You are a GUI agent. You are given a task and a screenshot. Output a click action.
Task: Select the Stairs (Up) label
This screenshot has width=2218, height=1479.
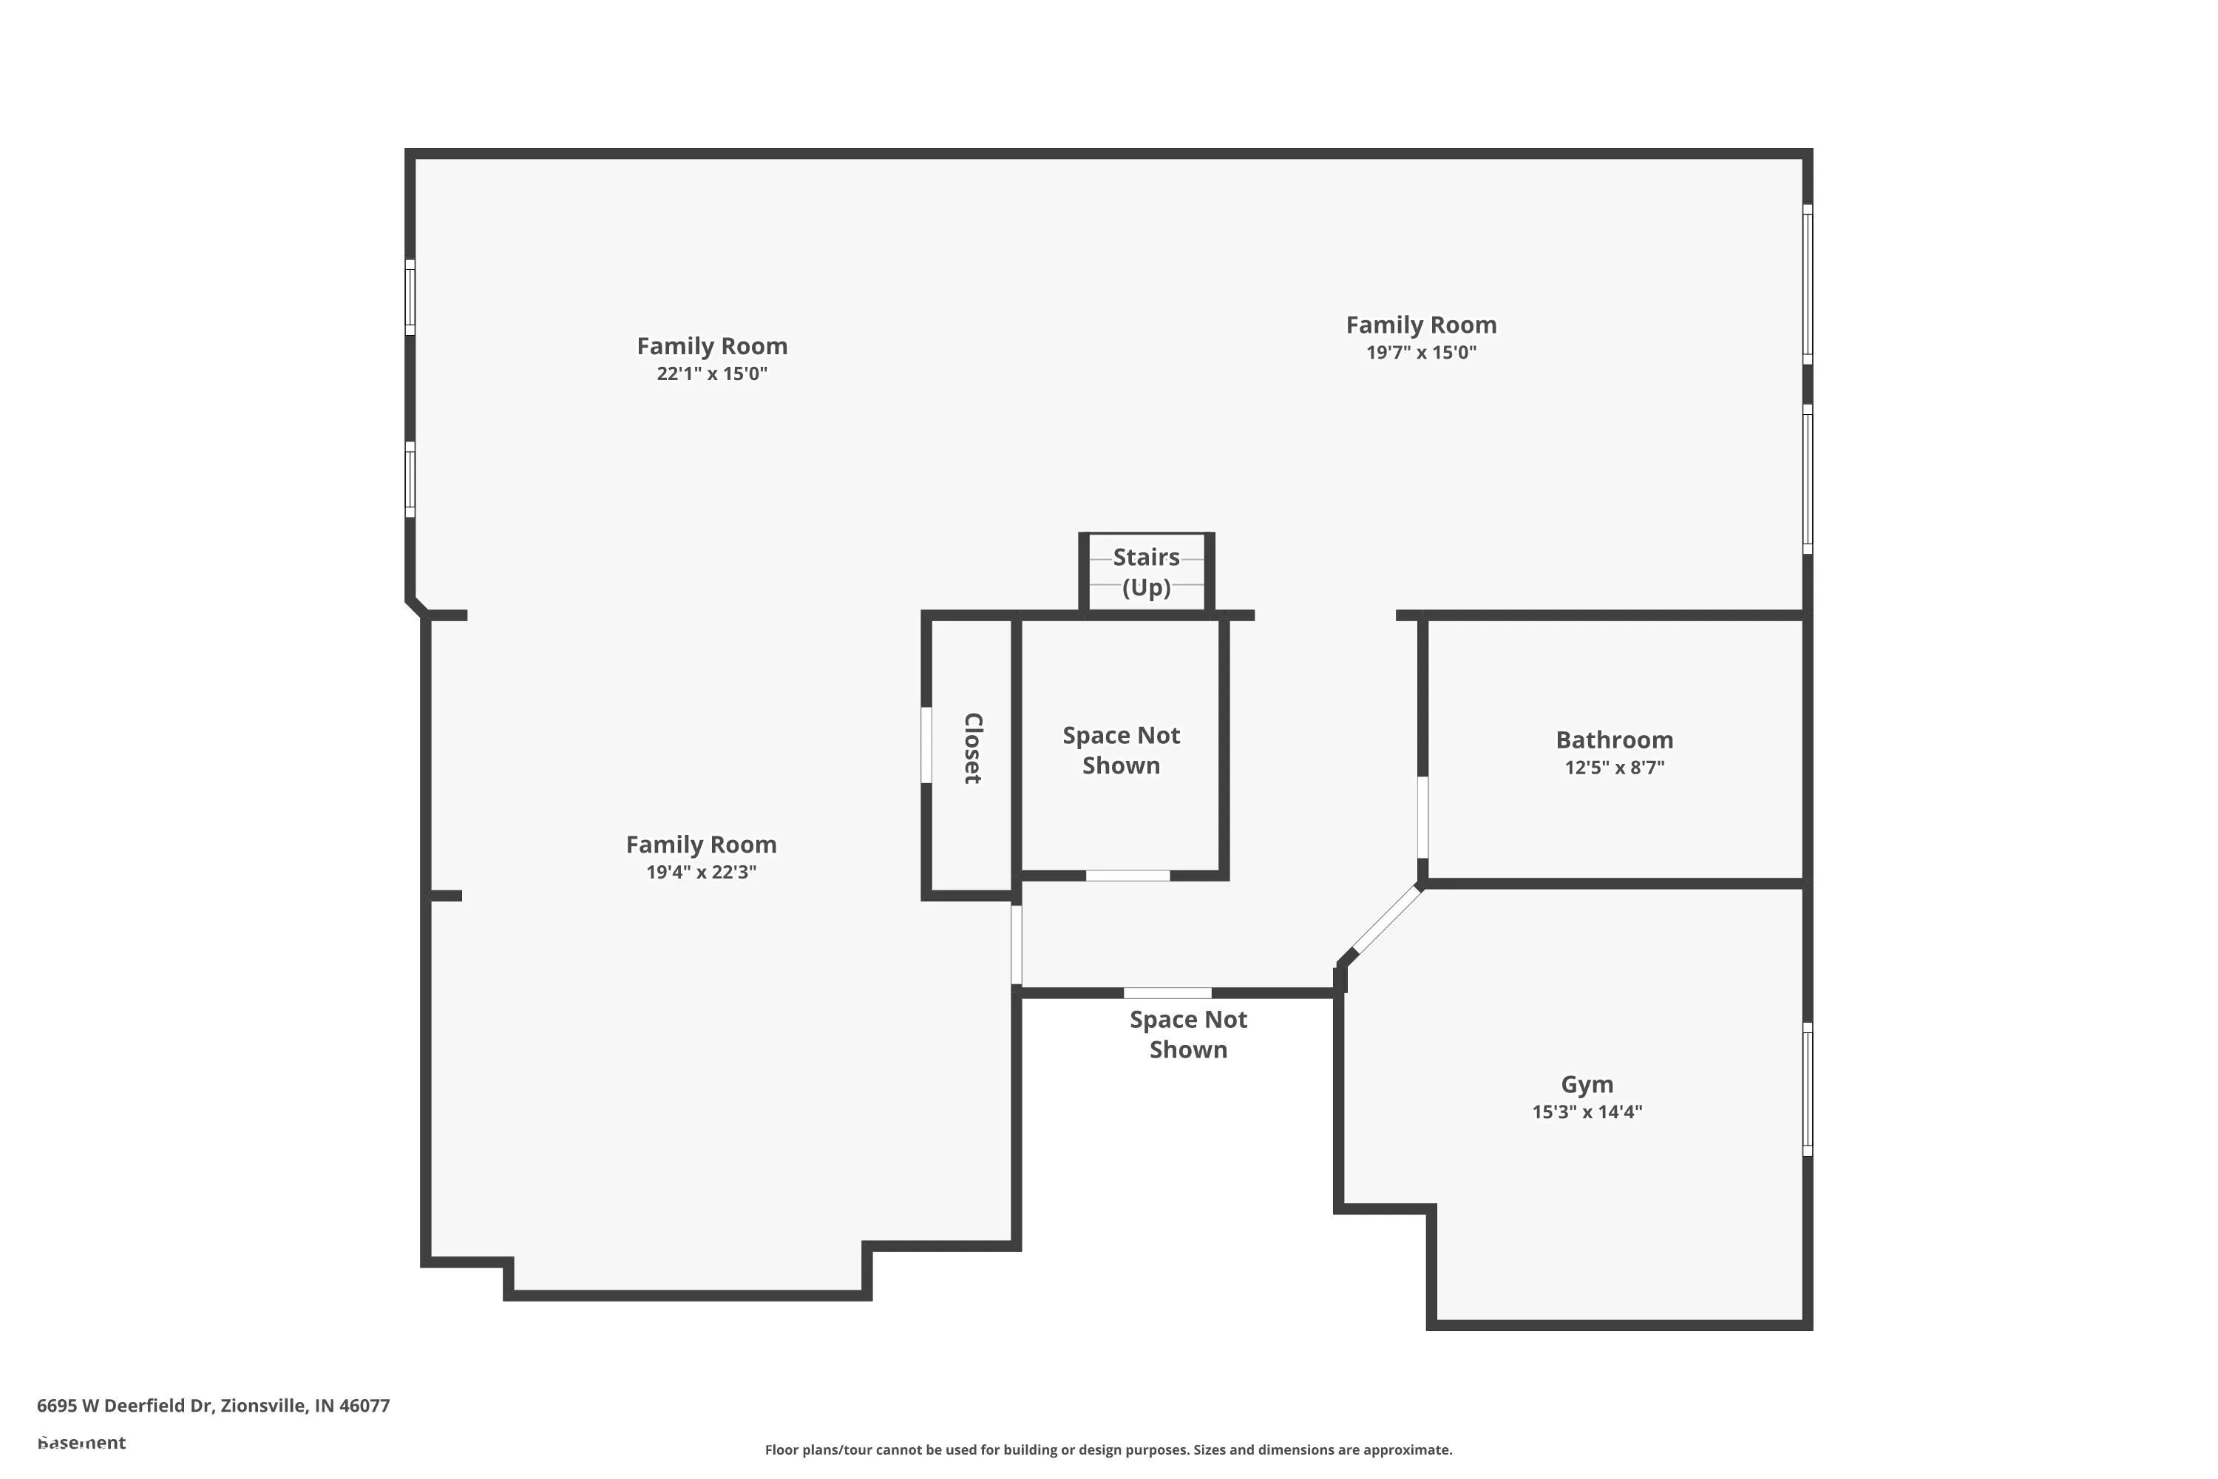[1146, 572]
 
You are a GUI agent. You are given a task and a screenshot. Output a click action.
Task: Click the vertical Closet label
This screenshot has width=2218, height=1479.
[972, 748]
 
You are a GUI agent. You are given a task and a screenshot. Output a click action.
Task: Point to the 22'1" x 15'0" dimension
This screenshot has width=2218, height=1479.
[712, 373]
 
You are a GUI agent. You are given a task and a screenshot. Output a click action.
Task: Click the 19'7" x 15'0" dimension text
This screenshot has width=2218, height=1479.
[1420, 353]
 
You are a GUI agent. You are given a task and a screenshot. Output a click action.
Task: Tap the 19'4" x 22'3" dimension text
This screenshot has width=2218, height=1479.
[701, 872]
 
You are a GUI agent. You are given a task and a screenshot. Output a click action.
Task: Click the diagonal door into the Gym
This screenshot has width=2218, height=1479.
[1386, 920]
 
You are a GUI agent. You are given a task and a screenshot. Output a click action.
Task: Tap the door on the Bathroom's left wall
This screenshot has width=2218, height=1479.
[1422, 817]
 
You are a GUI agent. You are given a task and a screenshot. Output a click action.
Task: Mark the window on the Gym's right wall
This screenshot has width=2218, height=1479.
[1807, 1089]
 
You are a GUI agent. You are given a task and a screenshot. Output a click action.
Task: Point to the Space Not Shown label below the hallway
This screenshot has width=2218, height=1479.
[1187, 1034]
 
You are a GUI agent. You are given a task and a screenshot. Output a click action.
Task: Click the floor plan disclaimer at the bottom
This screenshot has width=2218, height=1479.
[1108, 1449]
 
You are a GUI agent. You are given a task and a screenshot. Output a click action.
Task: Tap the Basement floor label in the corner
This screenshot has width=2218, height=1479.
[81, 1442]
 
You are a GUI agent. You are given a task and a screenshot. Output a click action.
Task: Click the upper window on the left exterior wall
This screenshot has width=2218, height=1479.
[410, 297]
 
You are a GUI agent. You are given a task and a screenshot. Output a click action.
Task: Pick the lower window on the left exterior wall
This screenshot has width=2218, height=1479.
[410, 479]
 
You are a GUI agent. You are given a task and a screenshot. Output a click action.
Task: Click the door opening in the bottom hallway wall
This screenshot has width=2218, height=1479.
[1167, 992]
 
